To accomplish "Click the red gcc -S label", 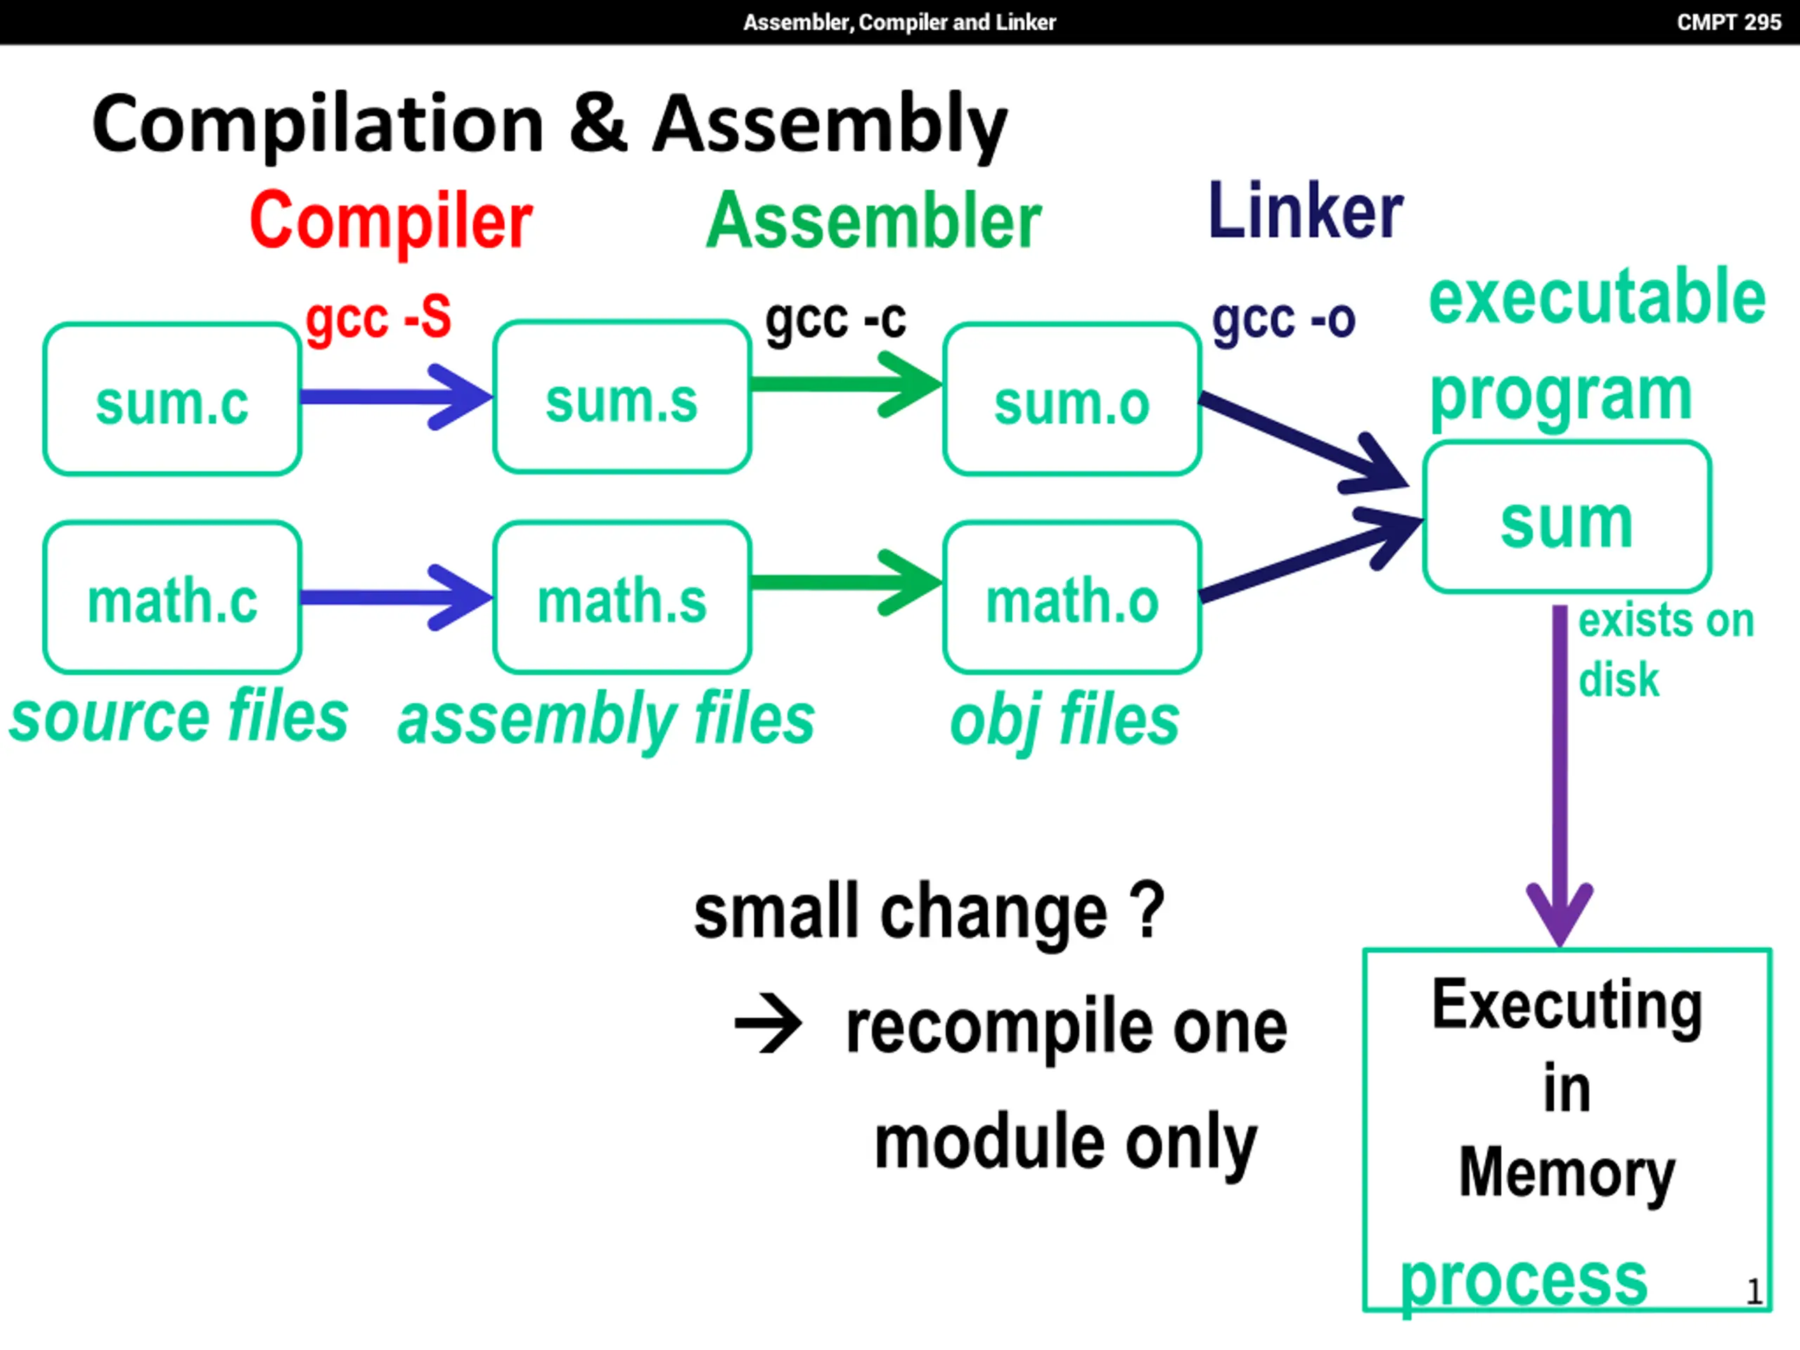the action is tap(378, 319).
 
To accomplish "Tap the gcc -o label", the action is tap(1283, 321).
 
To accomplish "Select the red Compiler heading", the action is tap(391, 221).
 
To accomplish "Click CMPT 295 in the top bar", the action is tap(1728, 22).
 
